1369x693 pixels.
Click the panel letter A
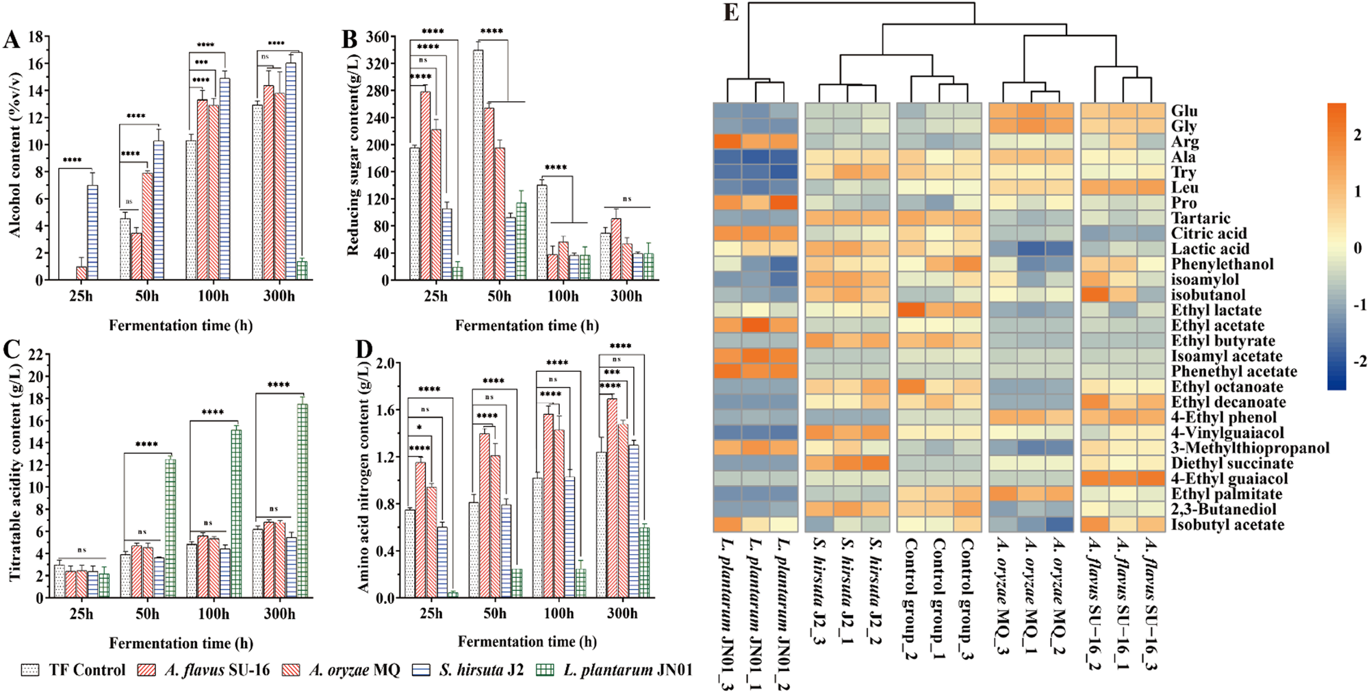[x=11, y=39]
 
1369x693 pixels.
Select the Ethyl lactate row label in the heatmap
[x=1216, y=310]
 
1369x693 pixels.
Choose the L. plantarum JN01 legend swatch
[x=544, y=670]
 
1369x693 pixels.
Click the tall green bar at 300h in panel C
[x=302, y=500]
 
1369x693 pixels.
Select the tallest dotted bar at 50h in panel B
[x=478, y=164]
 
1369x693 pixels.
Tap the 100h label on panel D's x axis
[x=559, y=614]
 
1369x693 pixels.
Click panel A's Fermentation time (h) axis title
[x=181, y=325]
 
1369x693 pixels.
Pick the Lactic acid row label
[x=1210, y=249]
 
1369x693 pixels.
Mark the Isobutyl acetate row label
[x=1227, y=525]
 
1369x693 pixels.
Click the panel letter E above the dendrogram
[x=731, y=13]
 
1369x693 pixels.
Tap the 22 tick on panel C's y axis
[x=35, y=354]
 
